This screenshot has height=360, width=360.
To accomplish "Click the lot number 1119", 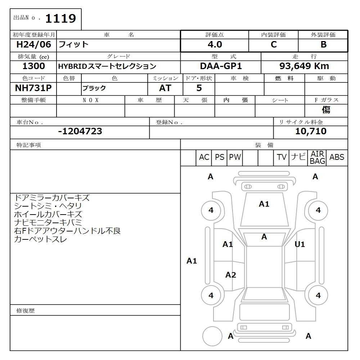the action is (x=60, y=18).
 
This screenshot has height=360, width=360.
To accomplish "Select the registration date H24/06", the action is (x=33, y=44).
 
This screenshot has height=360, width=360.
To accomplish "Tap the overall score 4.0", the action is (x=215, y=44).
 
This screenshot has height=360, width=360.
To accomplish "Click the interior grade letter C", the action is (x=274, y=44).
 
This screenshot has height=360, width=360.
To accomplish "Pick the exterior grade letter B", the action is (x=324, y=44).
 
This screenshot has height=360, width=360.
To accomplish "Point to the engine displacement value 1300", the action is (x=33, y=66).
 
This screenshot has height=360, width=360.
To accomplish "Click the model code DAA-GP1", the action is (x=221, y=66).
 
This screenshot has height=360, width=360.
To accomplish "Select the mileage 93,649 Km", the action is (x=304, y=66).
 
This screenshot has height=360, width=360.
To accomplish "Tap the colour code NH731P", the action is (x=33, y=88).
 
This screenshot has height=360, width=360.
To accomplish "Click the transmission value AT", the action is (x=165, y=88).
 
